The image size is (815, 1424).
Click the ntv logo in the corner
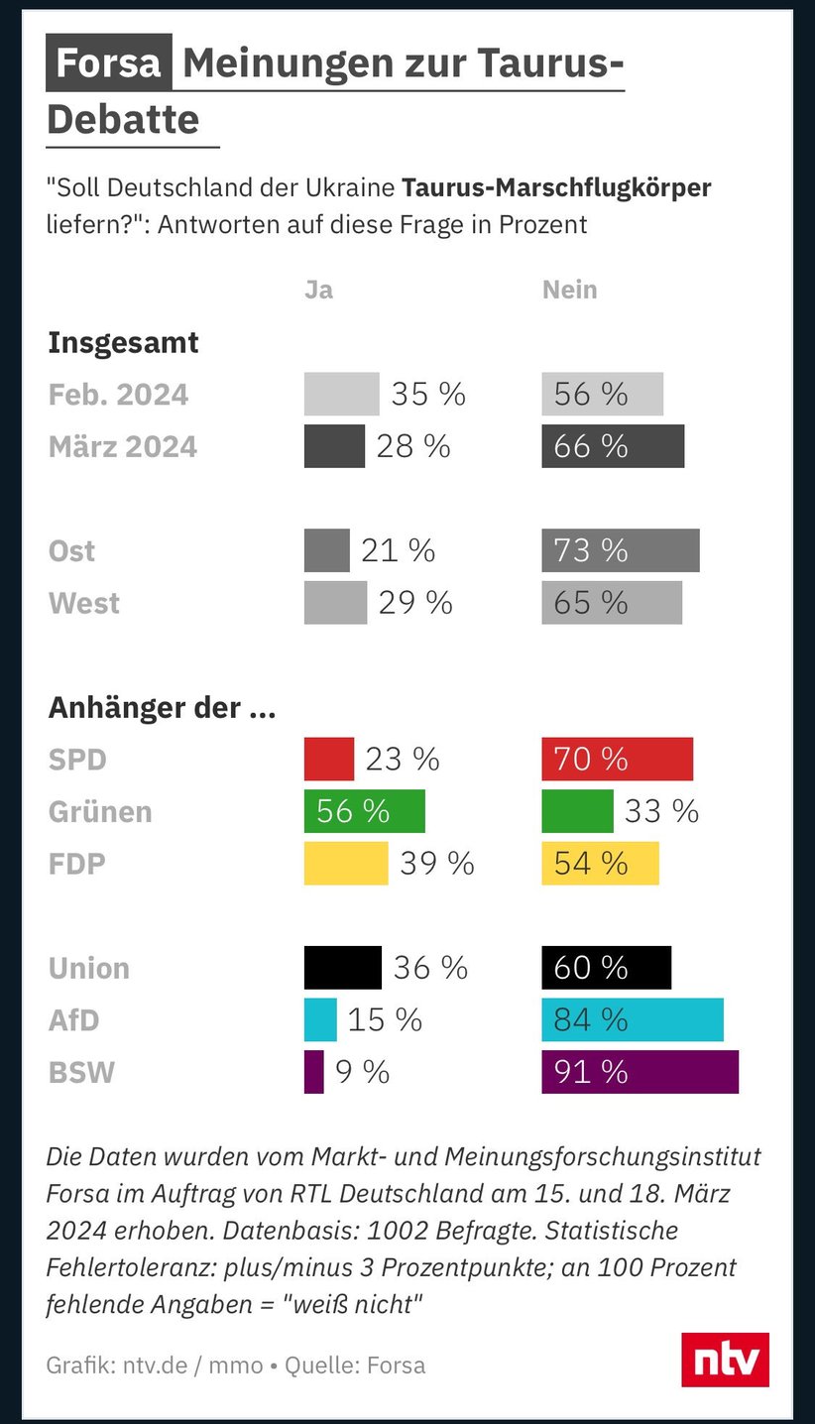pos(725,1360)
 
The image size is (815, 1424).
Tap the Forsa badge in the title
pos(109,63)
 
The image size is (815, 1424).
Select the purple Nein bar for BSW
pos(640,1072)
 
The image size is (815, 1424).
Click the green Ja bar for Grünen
pos(364,811)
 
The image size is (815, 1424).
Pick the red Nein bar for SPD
pos(617,760)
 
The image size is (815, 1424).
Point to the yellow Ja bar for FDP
pos(346,864)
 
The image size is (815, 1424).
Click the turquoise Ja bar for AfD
pos(320,1019)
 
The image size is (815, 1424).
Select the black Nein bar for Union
pos(606,968)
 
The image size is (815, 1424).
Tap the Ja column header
pos(318,290)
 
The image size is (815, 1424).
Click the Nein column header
pos(569,290)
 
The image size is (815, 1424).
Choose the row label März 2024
pos(123,447)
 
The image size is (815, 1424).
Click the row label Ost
pos(72,551)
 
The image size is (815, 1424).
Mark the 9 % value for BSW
pos(362,1072)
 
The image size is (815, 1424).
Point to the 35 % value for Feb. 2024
pos(428,395)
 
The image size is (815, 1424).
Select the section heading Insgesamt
pos(123,343)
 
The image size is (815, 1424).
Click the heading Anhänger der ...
pos(162,708)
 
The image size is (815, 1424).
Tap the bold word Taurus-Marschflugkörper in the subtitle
pos(556,187)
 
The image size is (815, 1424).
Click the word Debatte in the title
pos(124,120)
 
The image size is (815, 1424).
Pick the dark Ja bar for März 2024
pos(334,446)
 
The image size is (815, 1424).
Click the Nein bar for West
pos(612,603)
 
